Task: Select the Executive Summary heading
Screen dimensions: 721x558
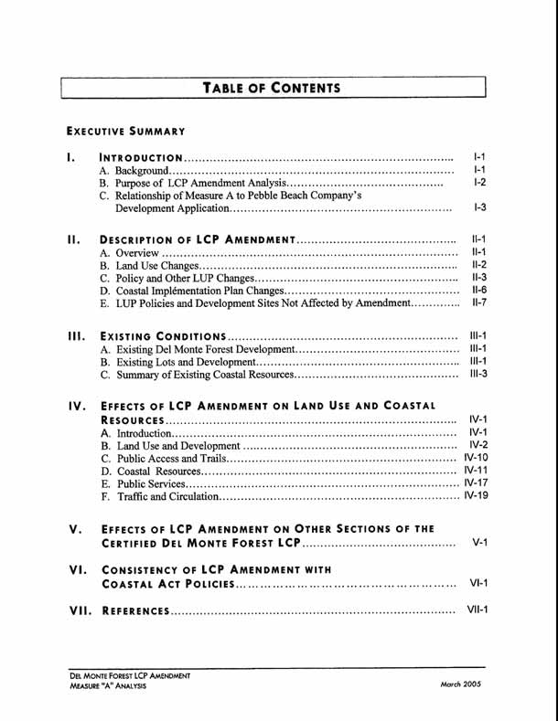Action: [x=125, y=132]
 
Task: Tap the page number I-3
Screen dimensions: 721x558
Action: [x=479, y=208]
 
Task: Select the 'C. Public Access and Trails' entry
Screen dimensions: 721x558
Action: [x=164, y=458]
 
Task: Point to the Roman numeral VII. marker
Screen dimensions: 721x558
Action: [x=80, y=610]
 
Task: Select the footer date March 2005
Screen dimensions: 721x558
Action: [x=460, y=684]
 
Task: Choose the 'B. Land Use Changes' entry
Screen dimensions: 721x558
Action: [x=145, y=265]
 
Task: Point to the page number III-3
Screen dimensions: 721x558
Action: [x=478, y=374]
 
